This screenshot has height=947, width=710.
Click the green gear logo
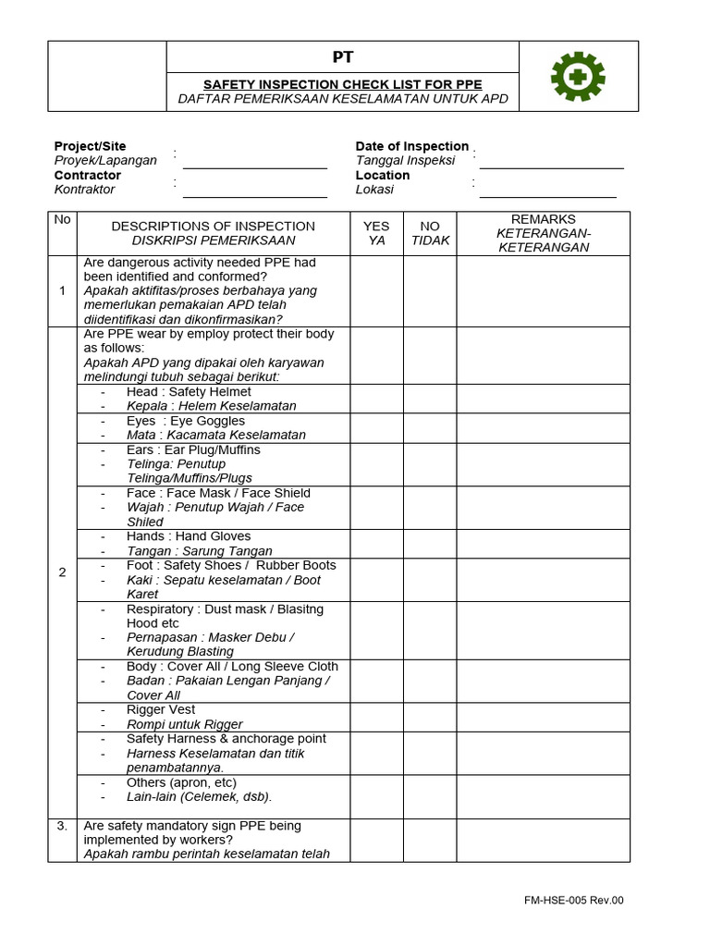pyautogui.click(x=578, y=77)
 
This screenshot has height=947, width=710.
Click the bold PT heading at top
pyautogui.click(x=342, y=58)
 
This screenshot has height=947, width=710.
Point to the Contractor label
pyautogui.click(x=88, y=175)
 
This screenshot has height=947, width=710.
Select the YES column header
pyautogui.click(x=376, y=233)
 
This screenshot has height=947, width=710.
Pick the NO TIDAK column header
pyautogui.click(x=429, y=233)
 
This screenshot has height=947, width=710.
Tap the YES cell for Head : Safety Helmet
pyautogui.click(x=376, y=399)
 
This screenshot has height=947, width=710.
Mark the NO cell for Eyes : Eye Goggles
pyautogui.click(x=429, y=427)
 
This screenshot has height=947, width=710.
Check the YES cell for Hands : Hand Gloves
pyautogui.click(x=376, y=544)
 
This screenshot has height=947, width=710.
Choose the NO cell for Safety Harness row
pyautogui.click(x=429, y=753)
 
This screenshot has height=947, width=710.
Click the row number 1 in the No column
pyautogui.click(x=62, y=290)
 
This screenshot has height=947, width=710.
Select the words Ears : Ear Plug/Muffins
pyautogui.click(x=193, y=449)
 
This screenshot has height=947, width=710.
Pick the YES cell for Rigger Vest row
pyautogui.click(x=376, y=717)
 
